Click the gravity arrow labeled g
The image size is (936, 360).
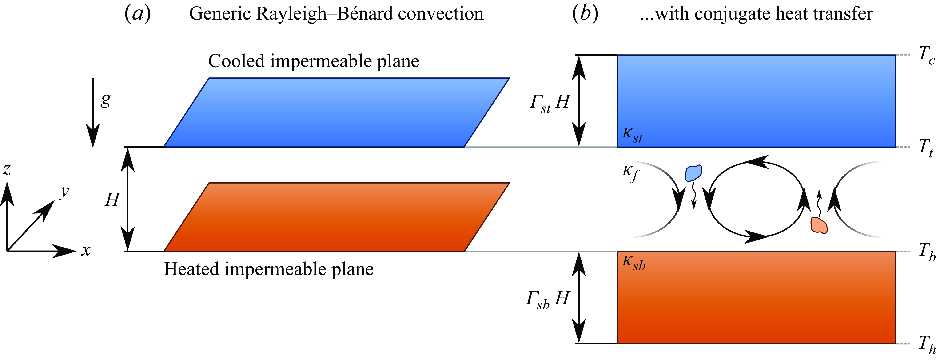click(x=93, y=113)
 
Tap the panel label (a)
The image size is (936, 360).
click(x=138, y=14)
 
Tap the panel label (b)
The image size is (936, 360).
click(x=585, y=14)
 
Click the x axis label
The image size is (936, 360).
click(x=86, y=251)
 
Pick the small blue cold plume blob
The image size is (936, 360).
click(x=693, y=173)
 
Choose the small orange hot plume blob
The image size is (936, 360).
click(x=819, y=225)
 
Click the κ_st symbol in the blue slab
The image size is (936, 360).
click(x=633, y=135)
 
